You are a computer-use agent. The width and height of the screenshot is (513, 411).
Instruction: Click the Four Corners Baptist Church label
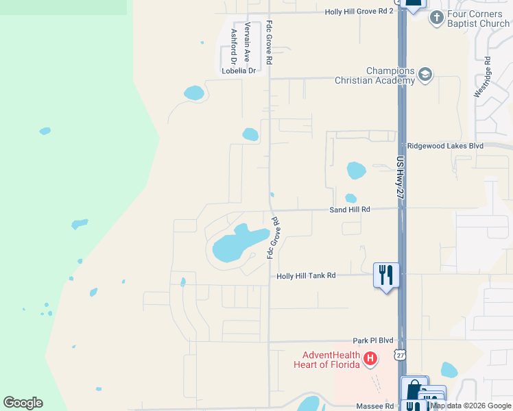[x=478, y=18]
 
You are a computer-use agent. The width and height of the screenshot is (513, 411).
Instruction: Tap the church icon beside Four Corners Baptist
[x=436, y=18]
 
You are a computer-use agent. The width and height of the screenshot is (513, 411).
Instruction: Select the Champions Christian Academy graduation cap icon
[x=425, y=75]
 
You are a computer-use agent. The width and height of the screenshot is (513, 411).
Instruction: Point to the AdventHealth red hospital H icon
[x=370, y=358]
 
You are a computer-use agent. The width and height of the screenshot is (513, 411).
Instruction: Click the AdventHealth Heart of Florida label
[x=332, y=359]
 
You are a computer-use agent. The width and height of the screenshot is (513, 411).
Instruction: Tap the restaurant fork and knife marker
[x=385, y=275]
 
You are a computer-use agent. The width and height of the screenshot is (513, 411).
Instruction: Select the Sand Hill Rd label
[x=350, y=209]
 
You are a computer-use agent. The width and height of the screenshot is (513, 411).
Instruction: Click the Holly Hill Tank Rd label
[x=306, y=275]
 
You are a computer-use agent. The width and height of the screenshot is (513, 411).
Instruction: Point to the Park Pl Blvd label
[x=373, y=340]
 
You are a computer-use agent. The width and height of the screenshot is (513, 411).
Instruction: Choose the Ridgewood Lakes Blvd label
[x=445, y=146]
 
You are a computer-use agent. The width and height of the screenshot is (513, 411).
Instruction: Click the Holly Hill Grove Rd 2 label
[x=359, y=12]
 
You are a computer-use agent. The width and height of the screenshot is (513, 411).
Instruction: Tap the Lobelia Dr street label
[x=238, y=70]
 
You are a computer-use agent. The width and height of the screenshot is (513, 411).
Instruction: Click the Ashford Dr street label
[x=234, y=45]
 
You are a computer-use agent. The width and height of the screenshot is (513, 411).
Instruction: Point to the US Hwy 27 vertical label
[x=401, y=177]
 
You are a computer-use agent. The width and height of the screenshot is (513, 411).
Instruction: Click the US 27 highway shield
[x=401, y=354]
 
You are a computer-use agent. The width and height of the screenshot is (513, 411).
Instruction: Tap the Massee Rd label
[x=375, y=406]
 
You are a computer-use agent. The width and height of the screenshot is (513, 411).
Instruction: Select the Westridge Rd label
[x=487, y=77]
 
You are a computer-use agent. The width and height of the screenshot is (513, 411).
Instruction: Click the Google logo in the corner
[x=23, y=403]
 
